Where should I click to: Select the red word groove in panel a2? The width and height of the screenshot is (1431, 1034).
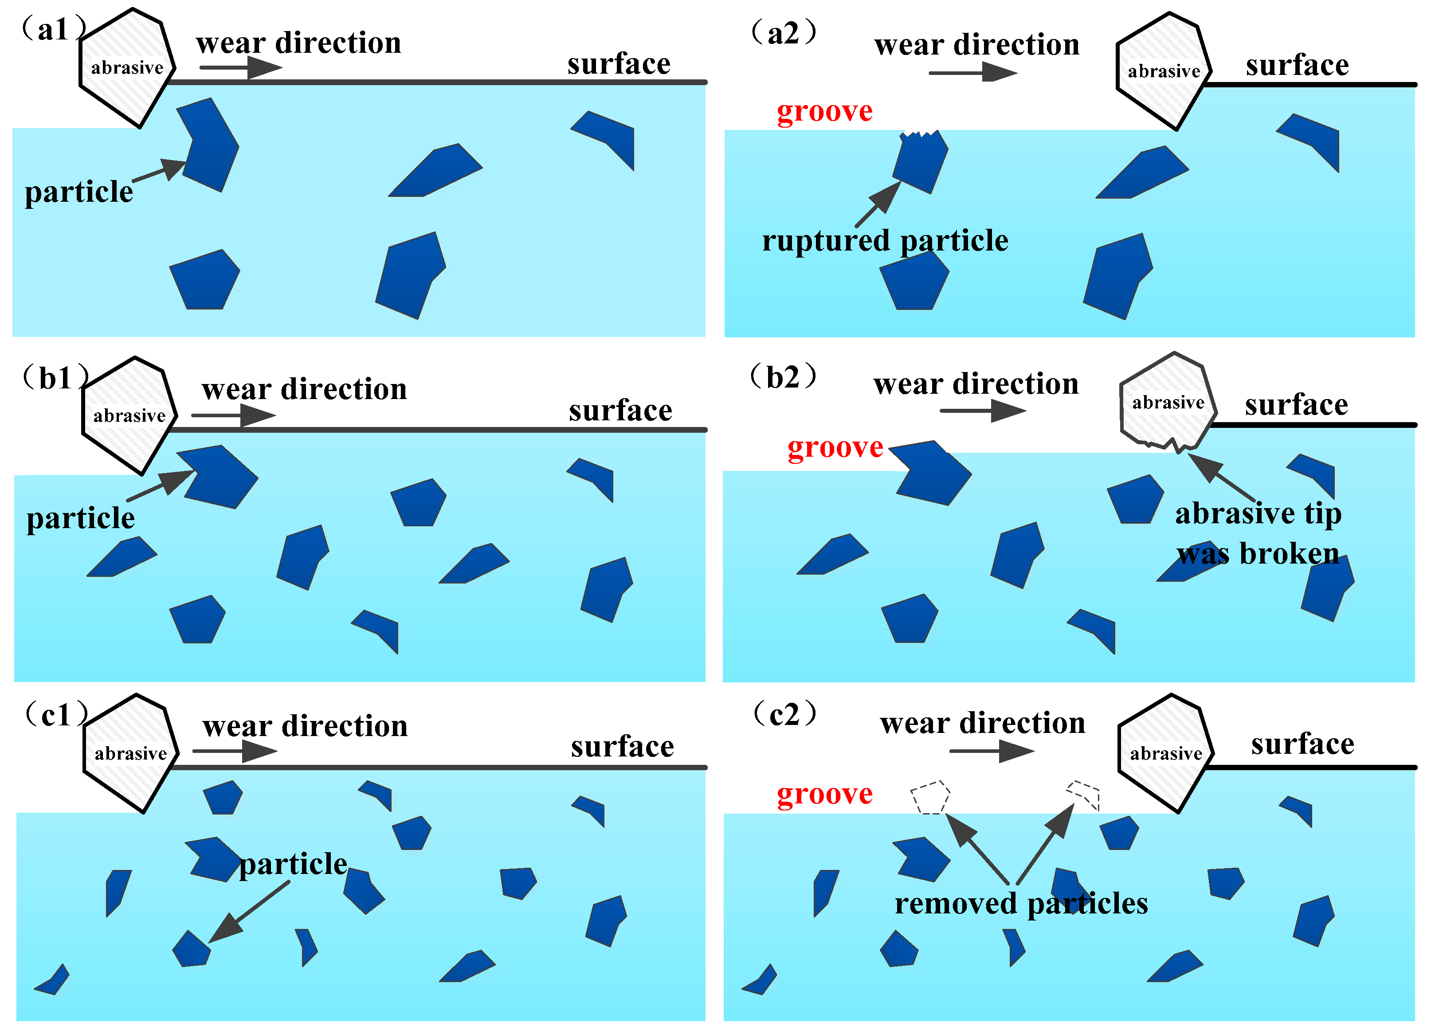pyautogui.click(x=825, y=112)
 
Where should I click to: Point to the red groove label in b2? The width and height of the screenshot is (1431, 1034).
pyautogui.click(x=835, y=447)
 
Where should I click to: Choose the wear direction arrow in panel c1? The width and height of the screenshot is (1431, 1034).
pyautogui.click(x=235, y=751)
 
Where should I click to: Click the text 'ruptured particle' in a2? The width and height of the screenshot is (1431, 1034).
pyautogui.click(x=885, y=241)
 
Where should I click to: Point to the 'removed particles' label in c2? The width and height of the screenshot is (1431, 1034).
pyautogui.click(x=1021, y=903)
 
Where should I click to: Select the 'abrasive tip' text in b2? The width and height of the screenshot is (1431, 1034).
pyautogui.click(x=1258, y=514)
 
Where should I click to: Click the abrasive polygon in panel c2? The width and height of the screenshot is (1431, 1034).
pyautogui.click(x=1165, y=753)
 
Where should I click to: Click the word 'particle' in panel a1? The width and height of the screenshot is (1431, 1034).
pyautogui.click(x=79, y=192)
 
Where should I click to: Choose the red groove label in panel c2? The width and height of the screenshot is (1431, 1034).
pyautogui.click(x=825, y=794)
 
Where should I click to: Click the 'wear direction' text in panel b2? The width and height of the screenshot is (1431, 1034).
pyautogui.click(x=976, y=384)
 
